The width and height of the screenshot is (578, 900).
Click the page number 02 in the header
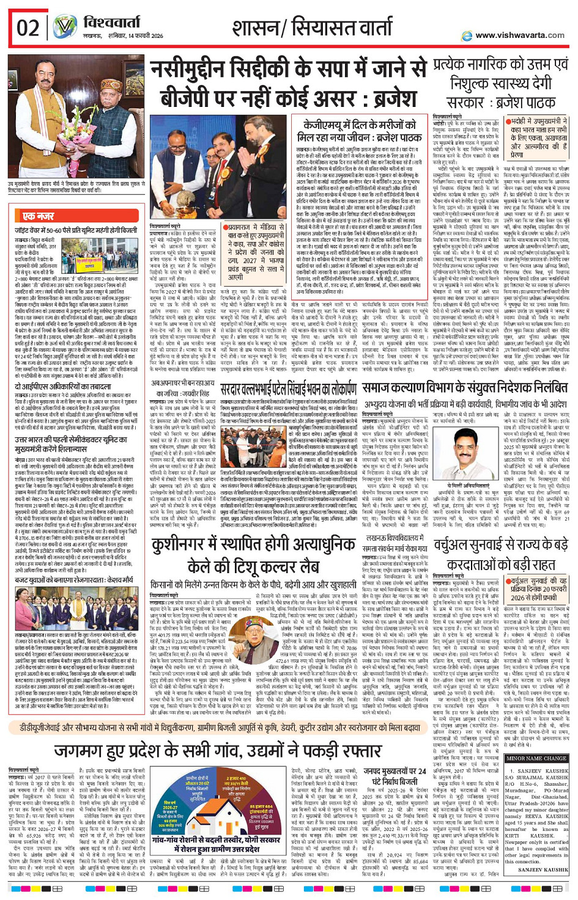coord(28,28)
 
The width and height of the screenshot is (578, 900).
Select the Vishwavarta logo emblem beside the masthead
coord(64,27)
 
